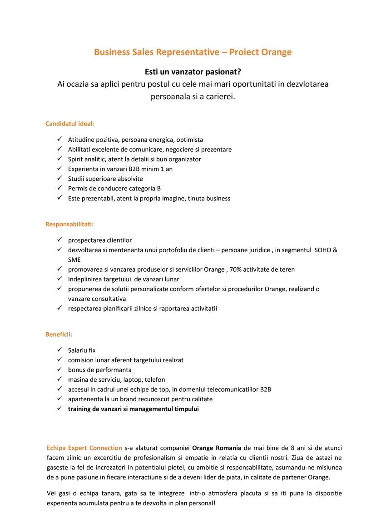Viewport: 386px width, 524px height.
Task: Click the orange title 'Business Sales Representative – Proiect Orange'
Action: pyautogui.click(x=193, y=52)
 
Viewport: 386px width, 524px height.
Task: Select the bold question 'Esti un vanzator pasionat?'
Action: pyautogui.click(x=193, y=72)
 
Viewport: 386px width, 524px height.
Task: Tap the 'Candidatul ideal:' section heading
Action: pyautogui.click(x=70, y=124)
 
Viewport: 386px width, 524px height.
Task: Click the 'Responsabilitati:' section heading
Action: pyautogui.click(x=69, y=224)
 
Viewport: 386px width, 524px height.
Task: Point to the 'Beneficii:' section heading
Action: pyautogui.click(x=59, y=334)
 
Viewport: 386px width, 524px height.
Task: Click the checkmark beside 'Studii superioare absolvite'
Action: pyautogui.click(x=59, y=179)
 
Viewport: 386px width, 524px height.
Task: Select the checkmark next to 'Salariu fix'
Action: pyautogui.click(x=59, y=350)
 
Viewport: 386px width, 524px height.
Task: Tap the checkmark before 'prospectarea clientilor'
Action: pyautogui.click(x=59, y=240)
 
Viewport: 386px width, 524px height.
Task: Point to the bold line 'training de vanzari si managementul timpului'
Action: pyautogui.click(x=134, y=409)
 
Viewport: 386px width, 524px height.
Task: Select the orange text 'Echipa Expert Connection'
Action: pyautogui.click(x=84, y=448)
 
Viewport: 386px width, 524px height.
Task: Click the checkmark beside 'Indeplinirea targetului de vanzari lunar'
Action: pyautogui.click(x=59, y=279)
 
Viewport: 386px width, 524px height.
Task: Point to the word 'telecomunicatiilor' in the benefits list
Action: pyautogui.click(x=233, y=389)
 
